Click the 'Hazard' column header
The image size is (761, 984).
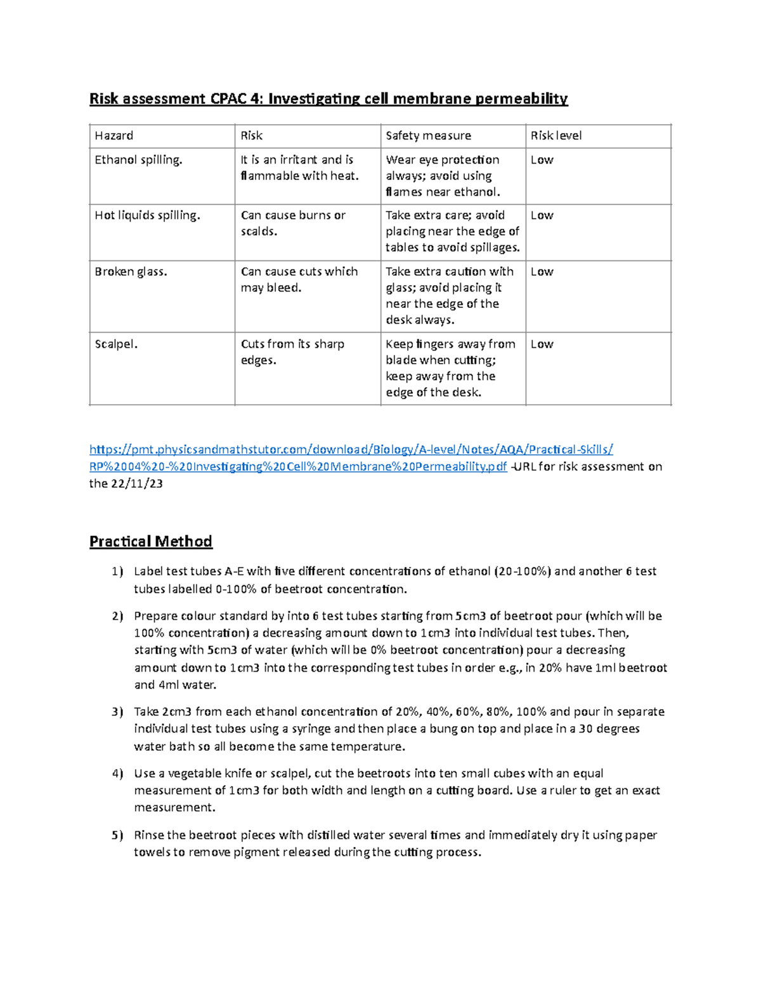click(x=114, y=136)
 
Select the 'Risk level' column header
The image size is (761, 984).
click(x=556, y=136)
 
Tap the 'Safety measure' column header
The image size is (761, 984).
click(x=428, y=136)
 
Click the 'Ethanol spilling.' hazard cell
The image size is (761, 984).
click(x=138, y=160)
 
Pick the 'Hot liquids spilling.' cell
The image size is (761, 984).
click(x=147, y=215)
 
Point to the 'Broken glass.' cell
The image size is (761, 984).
click(x=131, y=272)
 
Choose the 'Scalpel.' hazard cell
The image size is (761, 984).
click(x=116, y=344)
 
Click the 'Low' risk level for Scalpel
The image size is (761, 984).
click(x=542, y=344)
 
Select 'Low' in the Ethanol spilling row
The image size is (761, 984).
click(x=542, y=160)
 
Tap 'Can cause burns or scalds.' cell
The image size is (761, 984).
click(x=293, y=223)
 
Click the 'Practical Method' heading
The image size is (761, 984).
click(x=151, y=541)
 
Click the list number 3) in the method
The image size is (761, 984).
click(x=117, y=712)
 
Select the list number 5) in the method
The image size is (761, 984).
click(x=117, y=835)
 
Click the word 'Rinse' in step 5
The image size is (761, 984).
click(x=148, y=835)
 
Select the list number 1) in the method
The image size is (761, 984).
click(x=117, y=572)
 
